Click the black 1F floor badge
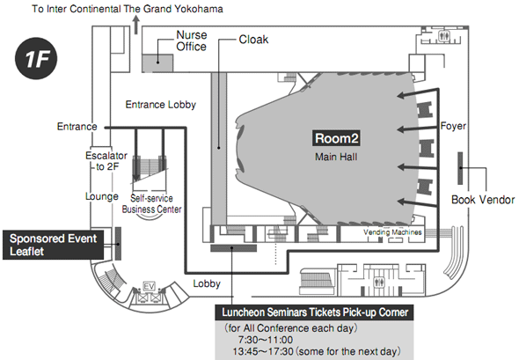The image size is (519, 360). (36, 58)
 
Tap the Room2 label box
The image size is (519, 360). (336, 138)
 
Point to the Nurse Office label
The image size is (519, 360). (191, 40)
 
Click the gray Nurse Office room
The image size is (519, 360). (157, 62)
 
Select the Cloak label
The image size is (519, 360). (253, 40)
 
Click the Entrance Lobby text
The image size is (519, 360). (160, 105)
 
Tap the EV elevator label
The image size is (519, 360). (149, 286)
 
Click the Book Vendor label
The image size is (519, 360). (483, 200)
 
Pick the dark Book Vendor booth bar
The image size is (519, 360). (460, 168)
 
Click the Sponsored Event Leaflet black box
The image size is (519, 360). (53, 245)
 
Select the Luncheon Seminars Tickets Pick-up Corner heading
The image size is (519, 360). (314, 312)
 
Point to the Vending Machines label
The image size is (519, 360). (392, 232)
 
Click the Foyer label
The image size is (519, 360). (453, 126)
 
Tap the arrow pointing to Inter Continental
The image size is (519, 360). (136, 26)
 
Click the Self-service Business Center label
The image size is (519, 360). (151, 203)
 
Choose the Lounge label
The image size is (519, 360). (102, 196)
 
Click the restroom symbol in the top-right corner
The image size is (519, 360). (443, 36)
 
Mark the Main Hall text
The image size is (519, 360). (336, 157)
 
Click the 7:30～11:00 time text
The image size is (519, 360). (266, 340)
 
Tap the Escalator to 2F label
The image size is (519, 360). (106, 161)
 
